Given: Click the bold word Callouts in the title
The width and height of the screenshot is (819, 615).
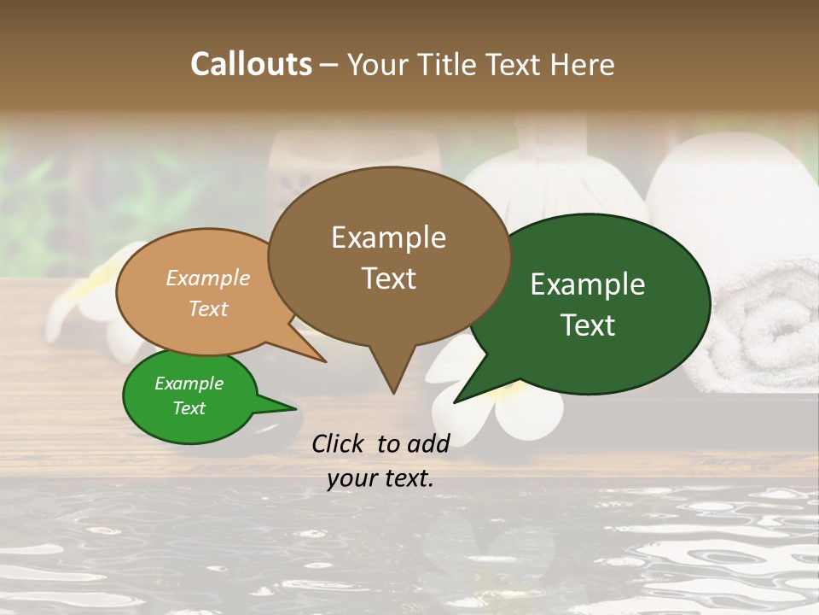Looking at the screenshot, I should (x=251, y=64).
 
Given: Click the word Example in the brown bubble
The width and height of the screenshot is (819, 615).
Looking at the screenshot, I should (x=388, y=237).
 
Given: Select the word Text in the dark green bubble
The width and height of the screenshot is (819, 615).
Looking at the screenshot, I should (x=589, y=325).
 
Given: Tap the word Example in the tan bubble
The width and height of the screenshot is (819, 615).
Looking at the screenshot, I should (x=208, y=278).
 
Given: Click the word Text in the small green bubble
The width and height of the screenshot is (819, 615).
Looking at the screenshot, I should (x=189, y=408).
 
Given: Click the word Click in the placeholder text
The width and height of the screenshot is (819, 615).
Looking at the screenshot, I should (x=340, y=443).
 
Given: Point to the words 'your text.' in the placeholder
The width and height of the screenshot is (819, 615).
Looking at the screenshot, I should (x=380, y=478).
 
